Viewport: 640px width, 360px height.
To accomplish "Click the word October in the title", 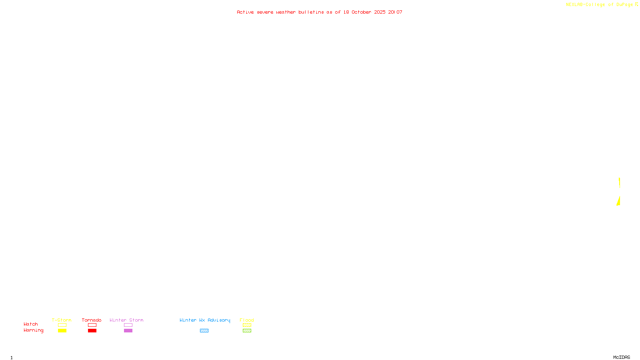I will point(361,12).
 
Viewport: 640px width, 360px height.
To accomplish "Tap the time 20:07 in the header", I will point(395,12).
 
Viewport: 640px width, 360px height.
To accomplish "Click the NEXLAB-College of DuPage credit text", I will point(599,4).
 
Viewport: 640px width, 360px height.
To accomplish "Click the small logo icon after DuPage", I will point(636,4).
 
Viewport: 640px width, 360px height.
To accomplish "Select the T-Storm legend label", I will point(62,320).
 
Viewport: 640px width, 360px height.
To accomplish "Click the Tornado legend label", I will point(92,320).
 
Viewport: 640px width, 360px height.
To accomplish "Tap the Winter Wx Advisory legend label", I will point(205,320).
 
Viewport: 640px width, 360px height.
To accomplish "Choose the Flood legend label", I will point(247,320).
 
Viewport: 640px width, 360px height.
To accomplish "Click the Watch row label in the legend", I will point(31,324).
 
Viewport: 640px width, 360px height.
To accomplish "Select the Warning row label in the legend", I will point(34,330).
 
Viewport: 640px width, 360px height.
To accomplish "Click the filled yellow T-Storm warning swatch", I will point(62,331).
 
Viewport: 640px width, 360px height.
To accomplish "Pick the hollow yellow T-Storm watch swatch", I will point(62,325).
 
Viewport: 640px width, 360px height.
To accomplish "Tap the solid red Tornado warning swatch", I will point(92,331).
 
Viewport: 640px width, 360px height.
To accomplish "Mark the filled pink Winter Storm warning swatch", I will point(128,331).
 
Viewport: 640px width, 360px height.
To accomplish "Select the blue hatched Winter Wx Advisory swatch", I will point(204,331).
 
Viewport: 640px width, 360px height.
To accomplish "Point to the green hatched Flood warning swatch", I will point(247,331).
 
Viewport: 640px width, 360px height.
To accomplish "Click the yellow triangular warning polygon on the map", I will point(619,202).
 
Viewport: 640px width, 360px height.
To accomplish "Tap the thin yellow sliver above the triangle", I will point(619,183).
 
